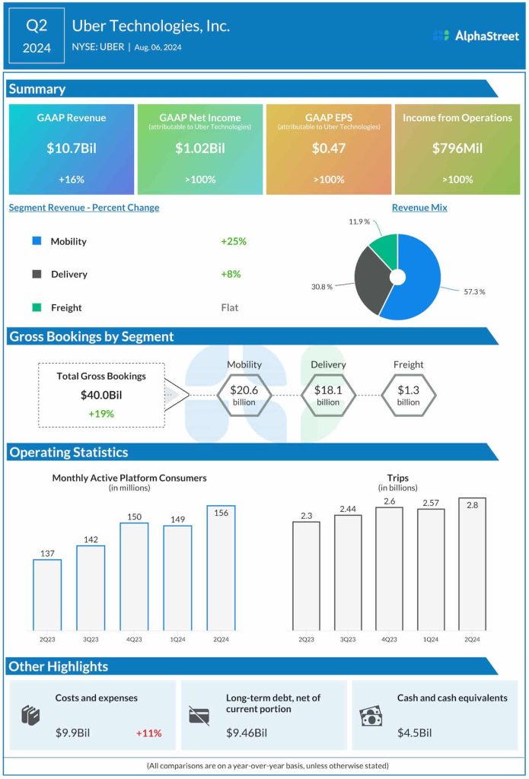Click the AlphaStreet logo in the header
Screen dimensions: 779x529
[x=475, y=36]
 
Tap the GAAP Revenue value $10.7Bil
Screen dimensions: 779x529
[x=72, y=148]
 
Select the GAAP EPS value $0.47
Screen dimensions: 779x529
[x=329, y=148]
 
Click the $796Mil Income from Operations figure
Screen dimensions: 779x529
[x=457, y=148]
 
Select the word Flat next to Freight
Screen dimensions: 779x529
[x=229, y=307]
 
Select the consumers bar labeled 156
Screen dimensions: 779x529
[x=221, y=568]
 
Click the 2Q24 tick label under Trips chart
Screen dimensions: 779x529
[x=472, y=639]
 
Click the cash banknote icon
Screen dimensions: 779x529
[x=371, y=717]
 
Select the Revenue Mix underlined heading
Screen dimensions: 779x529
[x=419, y=208]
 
